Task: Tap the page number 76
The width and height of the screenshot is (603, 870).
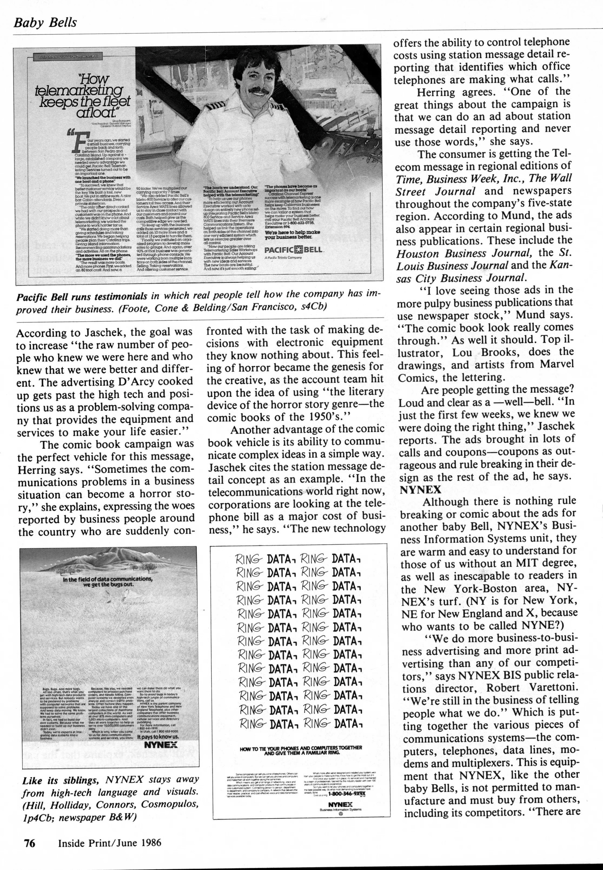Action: [30, 843]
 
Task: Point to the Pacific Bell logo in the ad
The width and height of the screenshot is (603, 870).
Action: [293, 250]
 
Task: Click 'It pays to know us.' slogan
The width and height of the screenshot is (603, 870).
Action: [158, 736]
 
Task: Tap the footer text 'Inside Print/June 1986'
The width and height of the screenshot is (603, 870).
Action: [110, 843]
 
